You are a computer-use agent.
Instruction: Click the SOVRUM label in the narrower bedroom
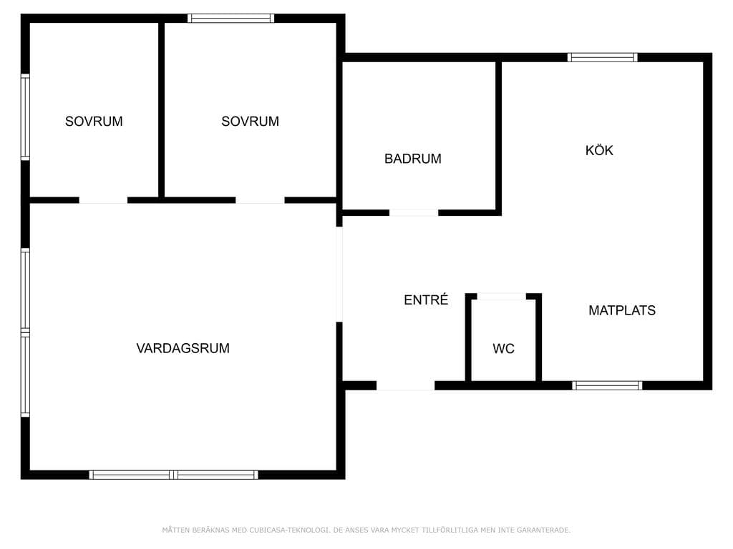[x=94, y=122]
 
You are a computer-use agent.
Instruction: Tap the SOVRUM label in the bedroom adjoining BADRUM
[x=250, y=122]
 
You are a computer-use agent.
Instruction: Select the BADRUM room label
[x=413, y=159]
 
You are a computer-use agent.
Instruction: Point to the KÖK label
[x=599, y=150]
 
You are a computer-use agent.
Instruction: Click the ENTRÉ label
[x=426, y=300]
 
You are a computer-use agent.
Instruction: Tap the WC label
[x=503, y=349]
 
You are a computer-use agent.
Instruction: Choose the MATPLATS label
[x=622, y=310]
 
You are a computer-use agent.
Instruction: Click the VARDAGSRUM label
[x=183, y=348]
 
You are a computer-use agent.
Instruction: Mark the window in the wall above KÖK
[x=603, y=57]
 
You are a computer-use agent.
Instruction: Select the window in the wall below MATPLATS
[x=607, y=385]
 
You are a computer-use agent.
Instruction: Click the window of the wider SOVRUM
[x=231, y=18]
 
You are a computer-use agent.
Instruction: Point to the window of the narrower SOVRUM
[x=25, y=117]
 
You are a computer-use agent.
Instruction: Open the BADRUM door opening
[x=414, y=213]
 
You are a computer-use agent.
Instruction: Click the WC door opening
[x=501, y=297]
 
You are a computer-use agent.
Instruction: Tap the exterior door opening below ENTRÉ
[x=406, y=385]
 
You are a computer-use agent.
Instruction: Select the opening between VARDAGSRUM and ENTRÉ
[x=339, y=274]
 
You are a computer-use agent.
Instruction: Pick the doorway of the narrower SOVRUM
[x=103, y=200]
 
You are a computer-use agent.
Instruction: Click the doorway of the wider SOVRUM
[x=260, y=200]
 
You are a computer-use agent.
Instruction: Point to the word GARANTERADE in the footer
[x=546, y=530]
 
